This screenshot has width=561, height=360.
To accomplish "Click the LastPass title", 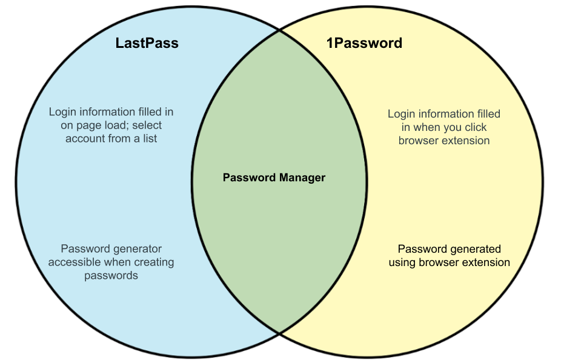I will (147, 44).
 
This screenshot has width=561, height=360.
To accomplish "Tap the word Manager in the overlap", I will (302, 178).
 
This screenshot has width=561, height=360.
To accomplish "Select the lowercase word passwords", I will (111, 276).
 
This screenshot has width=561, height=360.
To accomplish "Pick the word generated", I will (476, 249).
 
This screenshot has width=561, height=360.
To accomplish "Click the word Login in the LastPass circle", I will (62, 112).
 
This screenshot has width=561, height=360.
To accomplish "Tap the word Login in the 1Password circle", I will (401, 114).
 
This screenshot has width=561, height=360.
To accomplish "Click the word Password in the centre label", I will (249, 178).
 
